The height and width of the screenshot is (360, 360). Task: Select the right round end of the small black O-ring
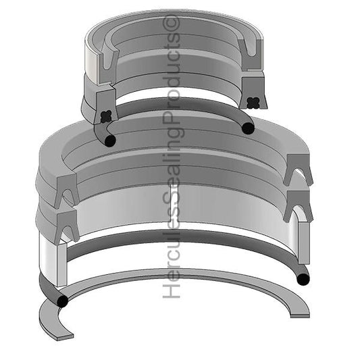[x=249, y=128]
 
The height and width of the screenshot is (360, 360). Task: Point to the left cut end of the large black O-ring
[x=62, y=300]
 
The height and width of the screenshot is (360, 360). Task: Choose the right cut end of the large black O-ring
[x=303, y=278]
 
